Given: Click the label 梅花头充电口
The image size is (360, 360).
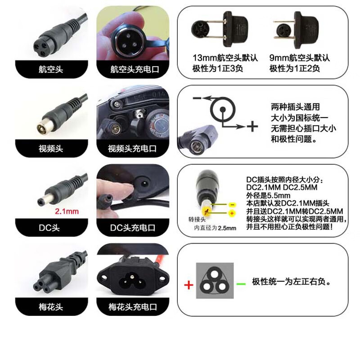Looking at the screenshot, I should click(132, 307).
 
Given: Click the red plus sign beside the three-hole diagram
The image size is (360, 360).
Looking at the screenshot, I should click(188, 285).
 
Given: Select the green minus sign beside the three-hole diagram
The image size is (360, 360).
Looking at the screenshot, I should click(242, 283).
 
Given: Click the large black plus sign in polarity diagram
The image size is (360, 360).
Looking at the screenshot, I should click(252, 126).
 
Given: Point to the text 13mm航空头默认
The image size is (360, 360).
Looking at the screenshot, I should click(221, 58).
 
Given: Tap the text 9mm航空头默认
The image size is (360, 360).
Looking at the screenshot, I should click(299, 58).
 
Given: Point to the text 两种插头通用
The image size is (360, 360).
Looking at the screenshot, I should click(295, 107).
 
